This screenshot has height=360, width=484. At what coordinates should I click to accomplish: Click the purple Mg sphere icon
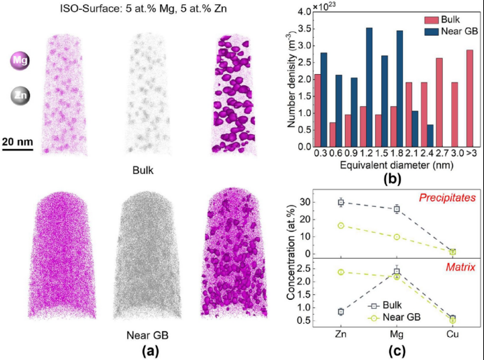(17, 62)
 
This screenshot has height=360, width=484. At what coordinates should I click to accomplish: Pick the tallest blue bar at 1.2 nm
(369, 87)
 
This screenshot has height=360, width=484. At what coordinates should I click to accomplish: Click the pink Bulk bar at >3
(469, 98)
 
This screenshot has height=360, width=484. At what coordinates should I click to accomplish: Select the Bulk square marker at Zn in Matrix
(340, 312)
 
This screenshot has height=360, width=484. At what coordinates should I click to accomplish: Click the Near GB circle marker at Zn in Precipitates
(340, 226)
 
